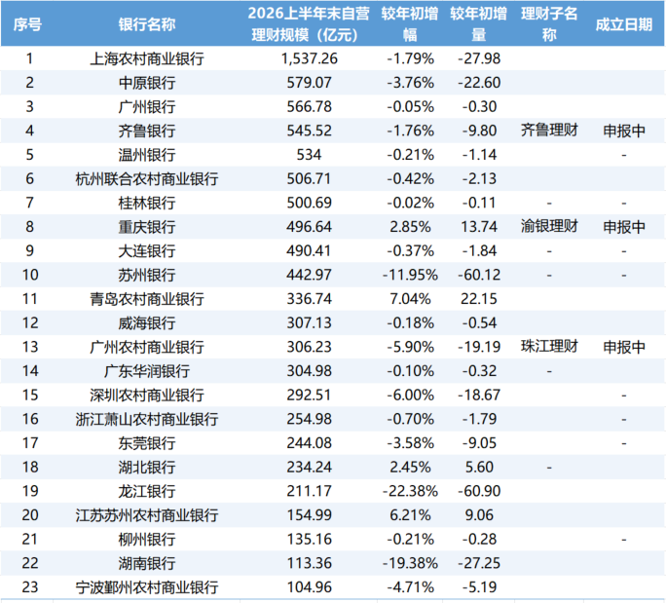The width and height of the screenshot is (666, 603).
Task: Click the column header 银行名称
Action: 146,24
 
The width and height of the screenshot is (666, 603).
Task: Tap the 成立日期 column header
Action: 623,24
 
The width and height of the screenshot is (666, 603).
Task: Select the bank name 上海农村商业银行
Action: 146,58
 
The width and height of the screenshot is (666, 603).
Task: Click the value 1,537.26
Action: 310,58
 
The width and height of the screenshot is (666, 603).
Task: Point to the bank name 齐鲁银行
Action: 146,131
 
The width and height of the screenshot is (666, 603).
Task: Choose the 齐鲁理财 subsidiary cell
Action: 549,130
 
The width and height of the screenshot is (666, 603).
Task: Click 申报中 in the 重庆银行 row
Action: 624,227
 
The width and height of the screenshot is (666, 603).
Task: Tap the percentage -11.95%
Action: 410,275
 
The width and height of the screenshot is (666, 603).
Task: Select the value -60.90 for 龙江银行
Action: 479,491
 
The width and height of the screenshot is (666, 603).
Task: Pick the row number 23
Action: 30,587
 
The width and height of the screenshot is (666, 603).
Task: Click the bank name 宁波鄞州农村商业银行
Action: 146,587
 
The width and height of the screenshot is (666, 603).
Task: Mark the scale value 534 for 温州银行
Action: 309,155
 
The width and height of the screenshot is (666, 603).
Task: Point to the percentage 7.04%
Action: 410,299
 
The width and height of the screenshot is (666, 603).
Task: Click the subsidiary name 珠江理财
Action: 549,347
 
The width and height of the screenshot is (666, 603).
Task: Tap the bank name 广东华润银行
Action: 146,371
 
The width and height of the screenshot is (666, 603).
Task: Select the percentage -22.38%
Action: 410,491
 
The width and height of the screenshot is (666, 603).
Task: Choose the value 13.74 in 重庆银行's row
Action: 479,227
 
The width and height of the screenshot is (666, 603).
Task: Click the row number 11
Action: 30,299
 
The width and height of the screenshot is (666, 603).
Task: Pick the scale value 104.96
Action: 310,587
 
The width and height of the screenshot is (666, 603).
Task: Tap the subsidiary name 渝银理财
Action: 549,226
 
